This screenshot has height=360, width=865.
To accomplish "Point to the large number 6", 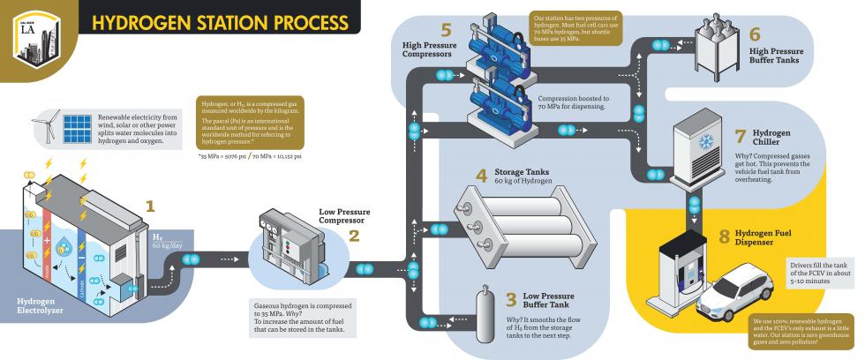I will pyautogui.click(x=754, y=34).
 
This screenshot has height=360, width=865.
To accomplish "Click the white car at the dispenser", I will pyautogui.click(x=740, y=295).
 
